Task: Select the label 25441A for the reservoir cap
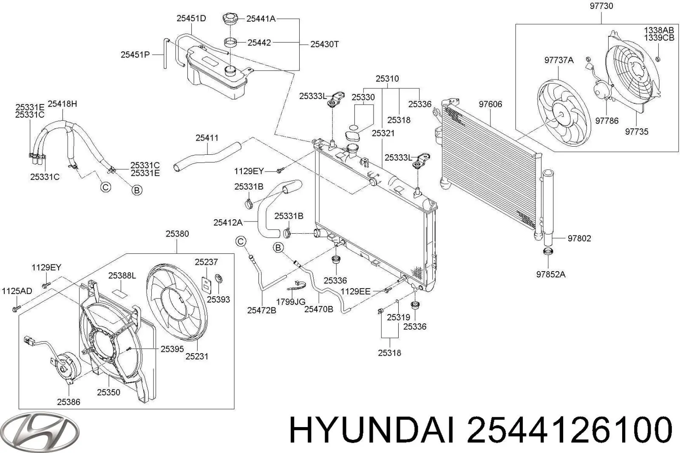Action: tap(261, 18)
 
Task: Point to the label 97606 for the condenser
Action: tap(490, 104)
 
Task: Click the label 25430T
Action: tap(324, 44)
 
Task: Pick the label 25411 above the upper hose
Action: tap(207, 138)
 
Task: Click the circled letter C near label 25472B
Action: tap(241, 242)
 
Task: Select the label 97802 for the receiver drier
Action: tap(579, 238)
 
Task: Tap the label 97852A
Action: tap(551, 274)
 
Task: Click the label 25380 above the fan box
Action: tap(177, 234)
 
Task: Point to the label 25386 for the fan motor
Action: tap(68, 402)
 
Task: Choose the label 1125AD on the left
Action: tap(17, 291)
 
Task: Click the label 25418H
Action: tap(62, 104)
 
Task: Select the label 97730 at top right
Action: tap(601, 6)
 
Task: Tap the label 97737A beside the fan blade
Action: tap(559, 60)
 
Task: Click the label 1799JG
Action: tap(291, 302)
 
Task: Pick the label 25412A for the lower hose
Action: tap(228, 222)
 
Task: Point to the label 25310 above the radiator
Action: tap(387, 79)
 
